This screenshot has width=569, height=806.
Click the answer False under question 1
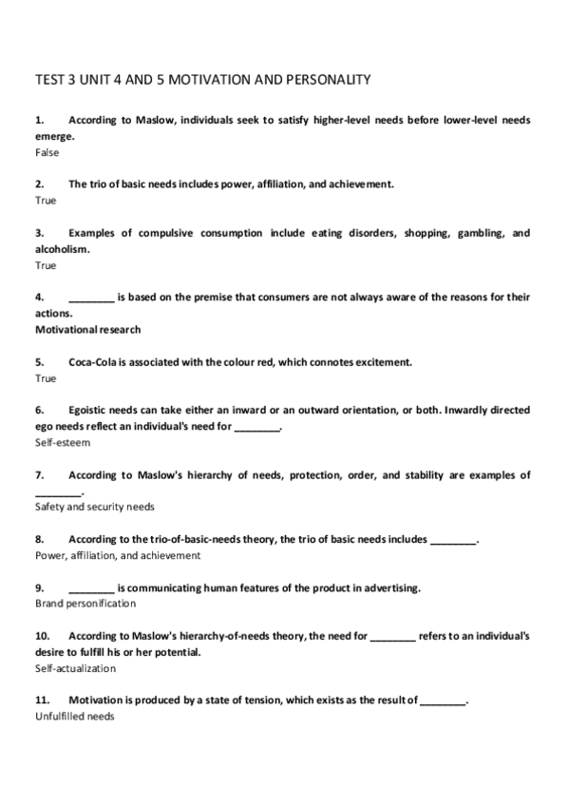pyautogui.click(x=47, y=151)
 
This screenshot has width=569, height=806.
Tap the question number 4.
pyautogui.click(x=39, y=297)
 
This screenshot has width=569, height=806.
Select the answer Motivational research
pyautogui.click(x=87, y=330)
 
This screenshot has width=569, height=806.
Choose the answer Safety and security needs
pyautogui.click(x=94, y=507)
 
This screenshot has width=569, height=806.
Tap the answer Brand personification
pyautogui.click(x=85, y=604)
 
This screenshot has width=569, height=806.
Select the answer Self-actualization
pyautogui.click(x=75, y=668)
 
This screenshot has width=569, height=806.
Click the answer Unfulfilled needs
pyautogui.click(x=74, y=717)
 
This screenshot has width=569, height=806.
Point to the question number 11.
pyautogui.click(x=42, y=700)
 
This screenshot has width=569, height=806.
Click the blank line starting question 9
pyautogui.click(x=91, y=588)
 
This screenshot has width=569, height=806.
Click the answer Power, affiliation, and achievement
pyautogui.click(x=118, y=555)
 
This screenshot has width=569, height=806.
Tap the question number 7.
pyautogui.click(x=39, y=474)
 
